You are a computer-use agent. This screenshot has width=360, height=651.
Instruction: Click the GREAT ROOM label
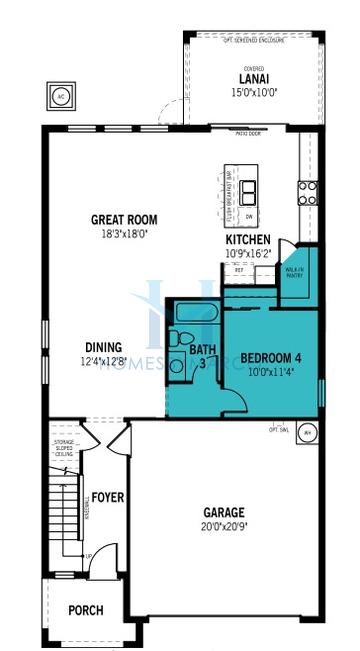click(124, 219)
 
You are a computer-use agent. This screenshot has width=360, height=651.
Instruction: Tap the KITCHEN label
click(247, 240)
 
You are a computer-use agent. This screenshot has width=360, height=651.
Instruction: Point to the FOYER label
click(107, 497)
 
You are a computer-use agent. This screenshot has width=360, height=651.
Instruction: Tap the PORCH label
click(85, 610)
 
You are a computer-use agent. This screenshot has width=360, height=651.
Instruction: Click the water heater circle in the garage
click(306, 433)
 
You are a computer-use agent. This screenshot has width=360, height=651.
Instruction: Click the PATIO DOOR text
click(246, 131)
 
